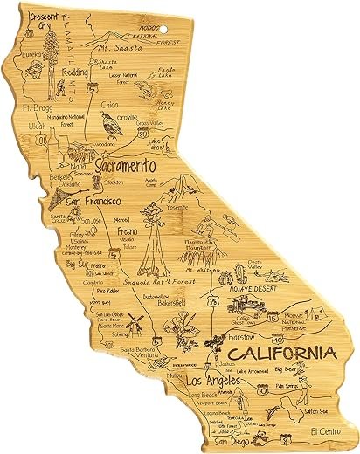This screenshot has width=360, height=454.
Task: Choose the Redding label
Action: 76,72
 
